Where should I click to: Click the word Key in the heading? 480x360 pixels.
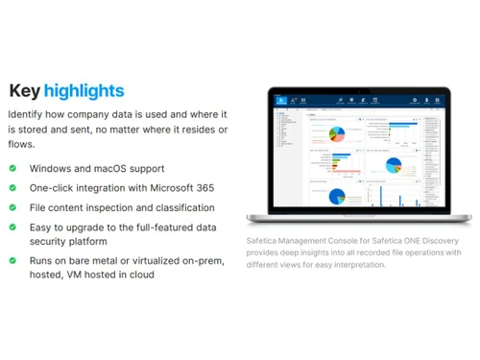pos(27,91)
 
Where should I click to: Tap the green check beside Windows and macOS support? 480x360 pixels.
pos(12,168)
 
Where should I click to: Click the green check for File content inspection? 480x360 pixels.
pos(12,207)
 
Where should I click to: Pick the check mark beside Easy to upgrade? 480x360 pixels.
pos(12,228)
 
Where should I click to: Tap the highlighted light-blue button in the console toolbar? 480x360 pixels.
pos(281,99)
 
